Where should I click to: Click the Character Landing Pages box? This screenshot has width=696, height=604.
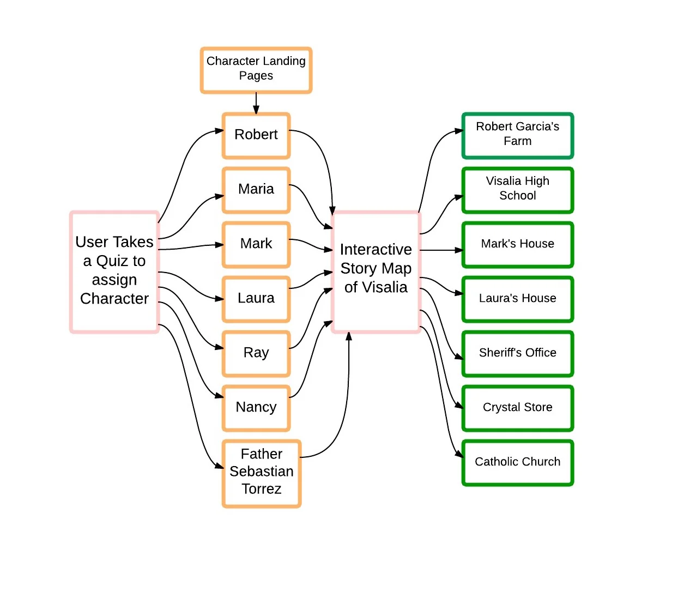[256, 70]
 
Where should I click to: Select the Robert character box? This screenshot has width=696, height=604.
[256, 135]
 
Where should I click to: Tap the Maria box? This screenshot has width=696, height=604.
[256, 190]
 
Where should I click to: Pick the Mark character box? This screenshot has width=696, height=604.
[256, 244]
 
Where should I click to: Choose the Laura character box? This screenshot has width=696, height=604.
[256, 299]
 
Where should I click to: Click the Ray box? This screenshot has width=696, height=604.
[256, 353]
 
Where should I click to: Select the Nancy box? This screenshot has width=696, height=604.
[256, 408]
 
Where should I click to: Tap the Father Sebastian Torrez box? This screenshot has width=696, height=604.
[261, 473]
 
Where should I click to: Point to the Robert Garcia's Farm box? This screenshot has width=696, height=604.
[517, 135]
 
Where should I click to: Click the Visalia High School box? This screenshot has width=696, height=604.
[517, 190]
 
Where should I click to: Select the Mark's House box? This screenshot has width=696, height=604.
[517, 244]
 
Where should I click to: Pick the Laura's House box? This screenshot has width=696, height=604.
[517, 299]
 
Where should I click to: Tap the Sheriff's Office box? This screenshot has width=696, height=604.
[517, 353]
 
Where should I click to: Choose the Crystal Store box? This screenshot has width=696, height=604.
[517, 408]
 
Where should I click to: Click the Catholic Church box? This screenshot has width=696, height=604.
[517, 462]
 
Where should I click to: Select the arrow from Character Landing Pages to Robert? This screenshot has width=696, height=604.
[256, 103]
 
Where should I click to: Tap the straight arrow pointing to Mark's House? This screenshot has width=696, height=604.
[441, 250]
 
